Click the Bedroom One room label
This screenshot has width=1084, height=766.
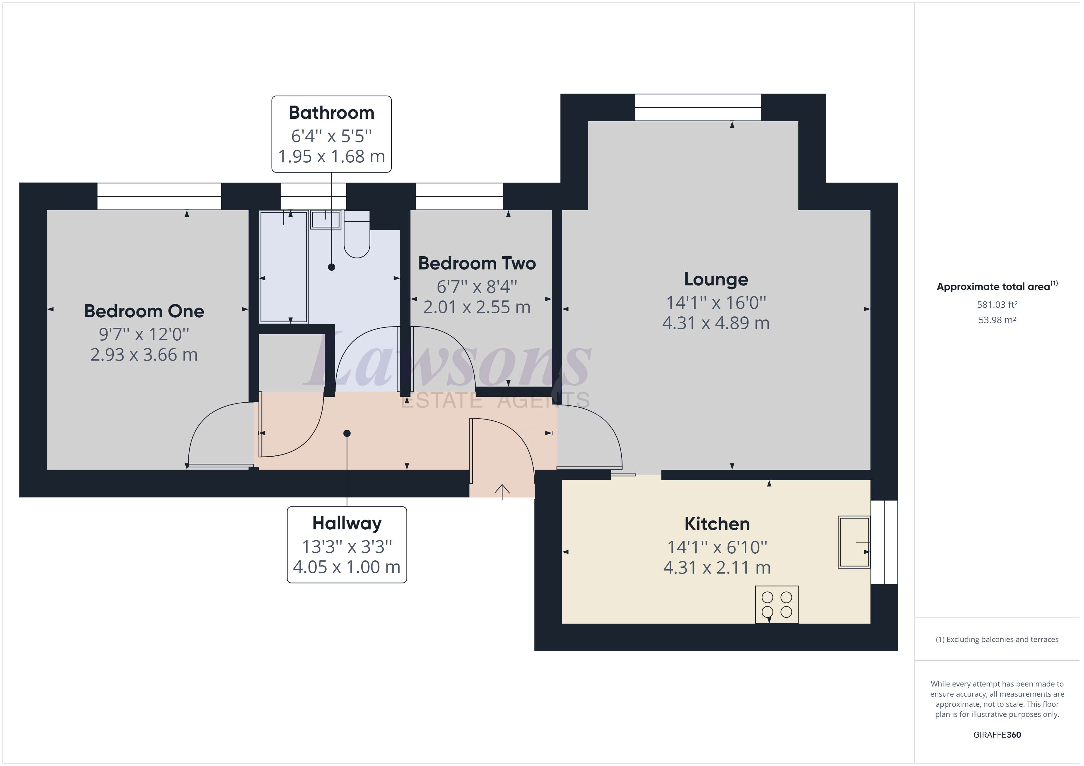click(x=144, y=311)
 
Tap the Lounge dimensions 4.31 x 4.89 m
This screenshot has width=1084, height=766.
click(x=716, y=323)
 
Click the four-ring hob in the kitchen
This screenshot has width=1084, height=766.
click(x=777, y=604)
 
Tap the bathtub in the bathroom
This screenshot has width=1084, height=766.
click(x=284, y=267)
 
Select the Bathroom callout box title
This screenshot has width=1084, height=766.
click(x=332, y=113)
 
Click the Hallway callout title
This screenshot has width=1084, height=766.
click(x=347, y=523)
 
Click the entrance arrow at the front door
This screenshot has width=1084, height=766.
click(x=502, y=491)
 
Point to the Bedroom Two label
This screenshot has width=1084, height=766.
click(x=477, y=263)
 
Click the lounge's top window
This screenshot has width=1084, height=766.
click(x=698, y=107)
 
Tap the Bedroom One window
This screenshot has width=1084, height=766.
click(x=159, y=196)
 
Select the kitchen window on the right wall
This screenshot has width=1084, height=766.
click(x=884, y=542)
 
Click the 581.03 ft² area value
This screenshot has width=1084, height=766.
click(x=997, y=305)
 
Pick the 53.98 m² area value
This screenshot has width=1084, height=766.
click(x=997, y=320)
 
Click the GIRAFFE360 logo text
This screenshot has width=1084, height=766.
click(x=997, y=734)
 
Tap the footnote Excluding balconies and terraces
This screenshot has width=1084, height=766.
click(x=997, y=640)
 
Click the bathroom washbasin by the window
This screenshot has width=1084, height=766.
click(x=326, y=220)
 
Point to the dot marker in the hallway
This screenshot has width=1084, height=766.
click(x=347, y=433)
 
